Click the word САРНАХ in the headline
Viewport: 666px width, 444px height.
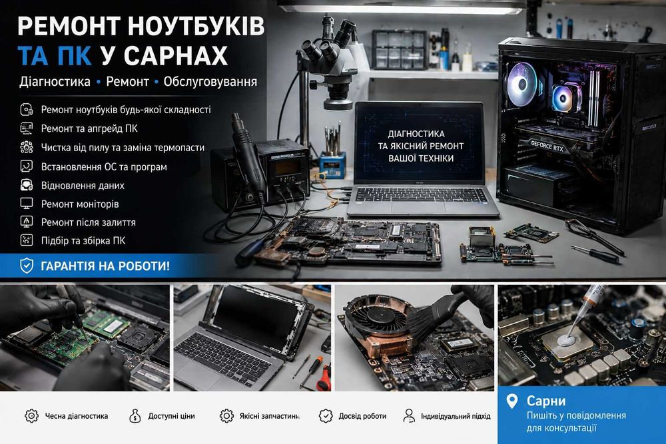pyautogui.click(x=176, y=55)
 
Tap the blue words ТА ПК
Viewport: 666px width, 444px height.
pyautogui.click(x=55, y=55)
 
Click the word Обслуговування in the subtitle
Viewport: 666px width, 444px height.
pyautogui.click(x=210, y=81)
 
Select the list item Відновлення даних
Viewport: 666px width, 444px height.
pyautogui.click(x=83, y=186)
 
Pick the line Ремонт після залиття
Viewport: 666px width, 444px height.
pyautogui.click(x=89, y=222)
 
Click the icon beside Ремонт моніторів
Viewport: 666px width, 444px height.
pyautogui.click(x=27, y=203)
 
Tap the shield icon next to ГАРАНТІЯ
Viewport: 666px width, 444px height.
pyautogui.click(x=27, y=266)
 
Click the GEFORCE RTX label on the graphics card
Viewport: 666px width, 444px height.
pyautogui.click(x=547, y=146)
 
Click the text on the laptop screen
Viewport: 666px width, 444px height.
pyautogui.click(x=420, y=146)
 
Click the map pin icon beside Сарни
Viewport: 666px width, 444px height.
pyautogui.click(x=512, y=401)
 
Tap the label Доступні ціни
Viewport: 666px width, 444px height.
pyautogui.click(x=172, y=416)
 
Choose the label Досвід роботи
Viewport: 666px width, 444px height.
pyautogui.click(x=362, y=416)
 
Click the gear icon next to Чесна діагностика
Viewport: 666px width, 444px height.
pyautogui.click(x=31, y=416)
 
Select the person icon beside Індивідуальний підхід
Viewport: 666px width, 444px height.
pyautogui.click(x=409, y=416)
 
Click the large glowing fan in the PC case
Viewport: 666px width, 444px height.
pyautogui.click(x=522, y=85)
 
